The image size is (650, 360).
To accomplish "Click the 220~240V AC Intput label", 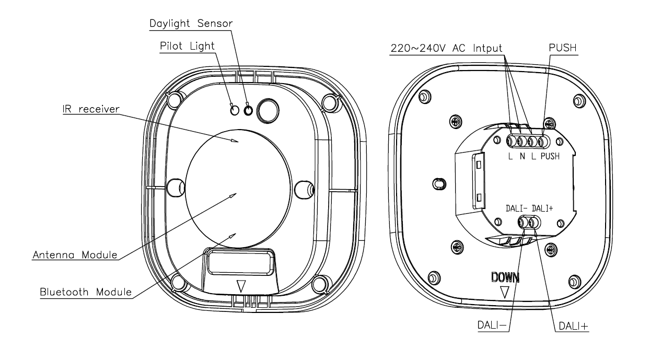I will click(x=447, y=48).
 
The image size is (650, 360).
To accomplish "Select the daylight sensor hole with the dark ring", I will click(x=249, y=110).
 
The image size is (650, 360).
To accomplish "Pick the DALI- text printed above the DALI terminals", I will click(x=517, y=208).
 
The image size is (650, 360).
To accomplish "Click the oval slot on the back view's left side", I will click(x=439, y=184).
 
